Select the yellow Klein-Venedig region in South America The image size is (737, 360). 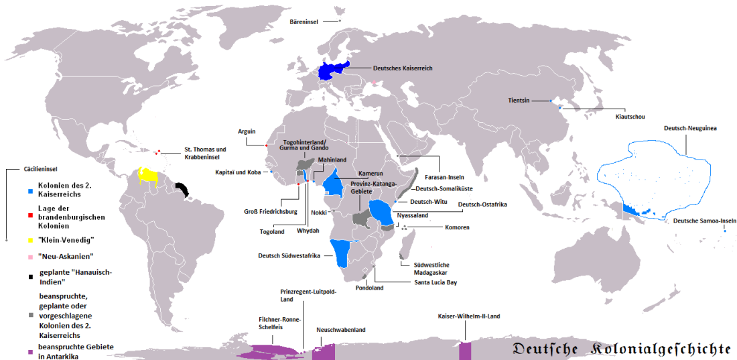tap(148, 176)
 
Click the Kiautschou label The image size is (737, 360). tap(629, 116)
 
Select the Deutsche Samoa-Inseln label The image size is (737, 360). tap(704, 221)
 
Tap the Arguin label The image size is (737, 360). tap(247, 131)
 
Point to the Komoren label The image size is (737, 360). tap(457, 227)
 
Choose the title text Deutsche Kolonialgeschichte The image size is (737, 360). tap(621, 349)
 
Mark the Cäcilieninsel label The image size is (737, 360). tap(27, 170)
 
